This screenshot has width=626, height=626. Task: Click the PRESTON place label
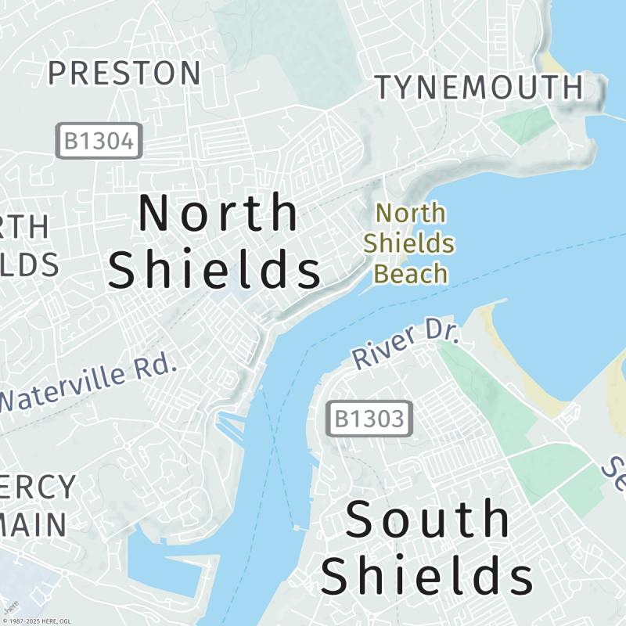(x=124, y=74)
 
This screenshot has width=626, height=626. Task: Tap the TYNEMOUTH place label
(x=480, y=88)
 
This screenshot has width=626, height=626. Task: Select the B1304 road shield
(x=99, y=141)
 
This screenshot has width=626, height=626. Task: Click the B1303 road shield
(x=369, y=419)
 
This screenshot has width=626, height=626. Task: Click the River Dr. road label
(x=405, y=344)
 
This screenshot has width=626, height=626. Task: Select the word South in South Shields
(x=427, y=520)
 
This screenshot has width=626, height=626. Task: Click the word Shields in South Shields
(x=427, y=576)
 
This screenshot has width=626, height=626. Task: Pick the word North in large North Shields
(x=218, y=213)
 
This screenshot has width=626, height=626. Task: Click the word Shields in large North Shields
(x=214, y=271)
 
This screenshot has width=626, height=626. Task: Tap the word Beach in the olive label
(x=410, y=274)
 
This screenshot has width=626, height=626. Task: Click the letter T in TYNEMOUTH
(x=385, y=88)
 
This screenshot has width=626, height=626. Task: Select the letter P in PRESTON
(x=57, y=74)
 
